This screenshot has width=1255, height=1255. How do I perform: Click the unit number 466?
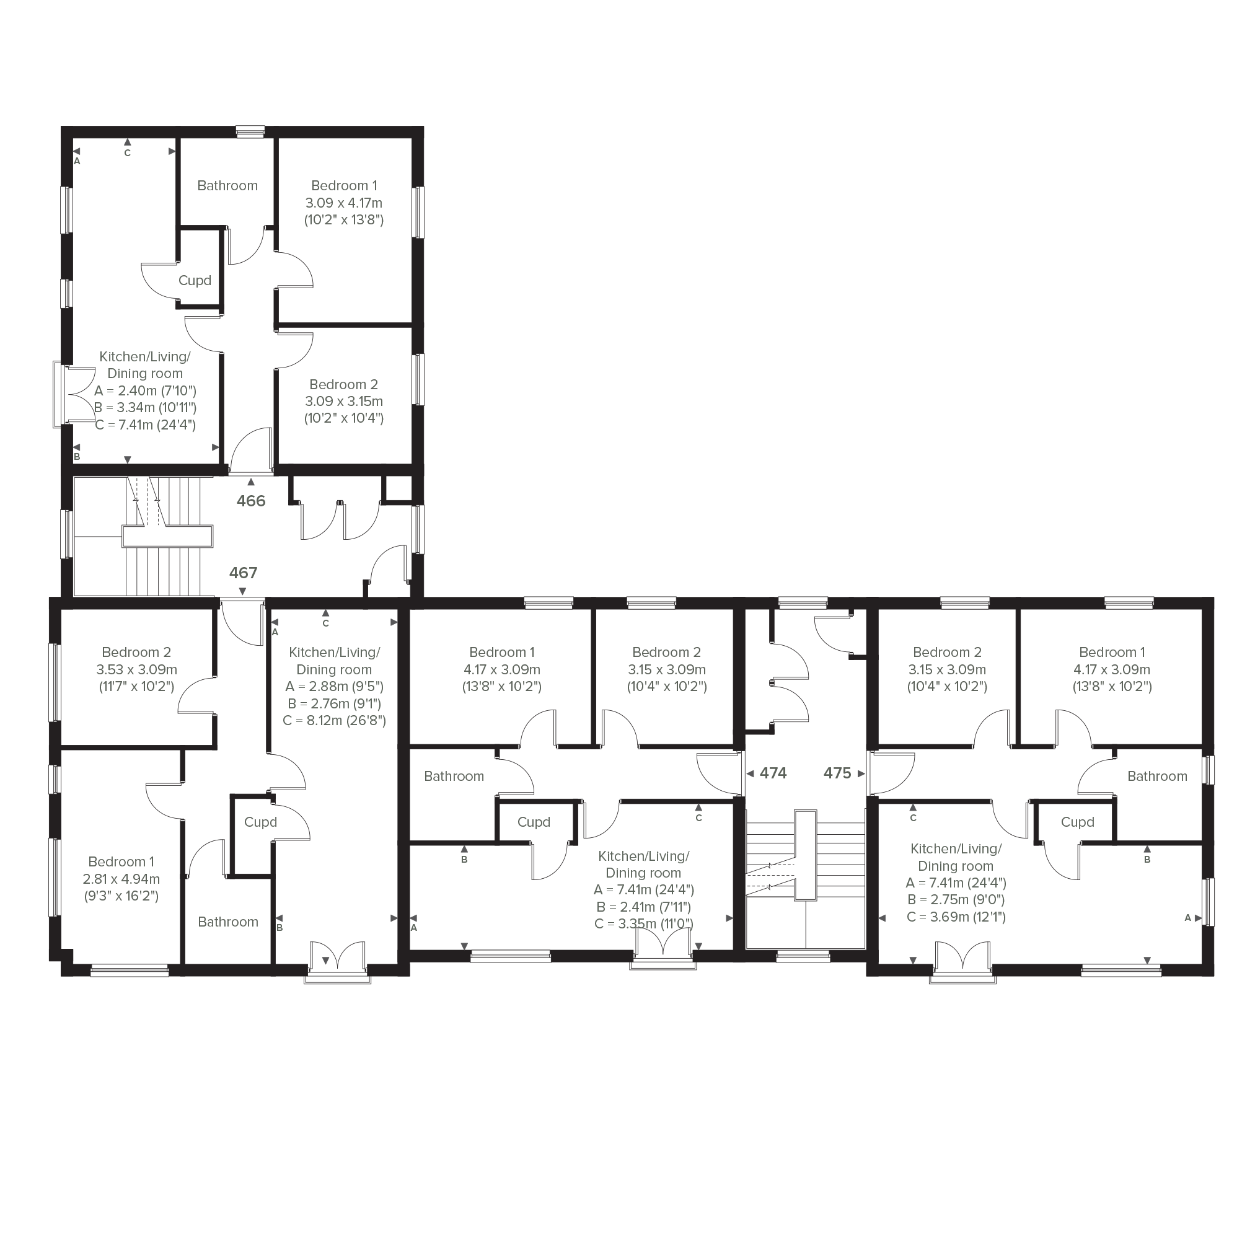point(251,501)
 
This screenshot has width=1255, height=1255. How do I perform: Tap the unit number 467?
point(243,573)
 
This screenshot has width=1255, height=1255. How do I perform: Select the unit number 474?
point(773,773)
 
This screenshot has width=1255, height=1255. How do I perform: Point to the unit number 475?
point(837,773)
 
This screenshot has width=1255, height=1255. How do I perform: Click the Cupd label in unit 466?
point(195,281)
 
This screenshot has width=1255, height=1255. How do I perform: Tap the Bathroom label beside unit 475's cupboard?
point(1157,777)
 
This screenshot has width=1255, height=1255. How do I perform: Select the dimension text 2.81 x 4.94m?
point(121,879)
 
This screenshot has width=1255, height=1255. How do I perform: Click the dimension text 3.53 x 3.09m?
point(136,670)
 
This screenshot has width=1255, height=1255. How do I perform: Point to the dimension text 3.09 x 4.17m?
point(343,203)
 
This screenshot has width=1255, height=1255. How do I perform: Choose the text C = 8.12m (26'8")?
point(335,720)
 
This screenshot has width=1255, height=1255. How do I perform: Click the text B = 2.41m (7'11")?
point(643,907)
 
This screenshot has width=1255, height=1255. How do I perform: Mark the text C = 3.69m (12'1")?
point(956,917)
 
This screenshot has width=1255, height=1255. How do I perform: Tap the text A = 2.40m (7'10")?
point(146,391)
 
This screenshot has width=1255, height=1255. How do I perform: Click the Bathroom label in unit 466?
point(227,186)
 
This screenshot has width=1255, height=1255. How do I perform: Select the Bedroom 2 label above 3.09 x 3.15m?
point(343,384)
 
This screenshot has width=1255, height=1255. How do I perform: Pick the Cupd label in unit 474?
point(534,822)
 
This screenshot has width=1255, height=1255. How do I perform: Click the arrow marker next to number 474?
point(751,773)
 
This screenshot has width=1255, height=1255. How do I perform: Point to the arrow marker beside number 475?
point(861,773)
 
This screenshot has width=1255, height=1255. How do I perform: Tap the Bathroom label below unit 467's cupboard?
point(228,922)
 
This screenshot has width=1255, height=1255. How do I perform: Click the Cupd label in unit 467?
point(260,822)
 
